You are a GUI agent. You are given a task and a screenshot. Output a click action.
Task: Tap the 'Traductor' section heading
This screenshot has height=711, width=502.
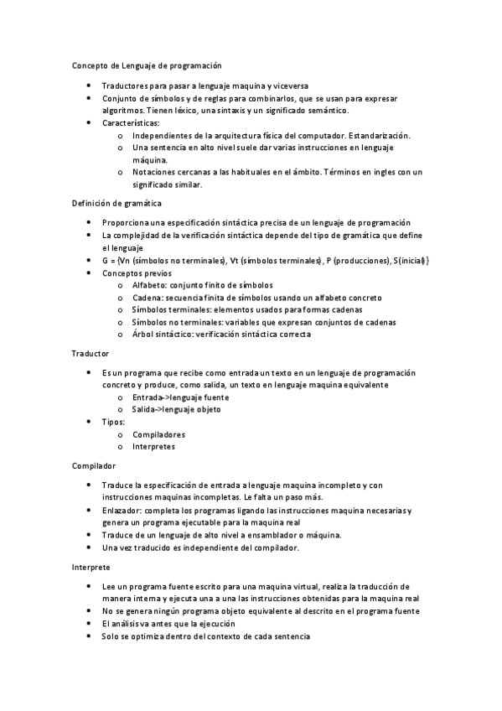click(x=91, y=355)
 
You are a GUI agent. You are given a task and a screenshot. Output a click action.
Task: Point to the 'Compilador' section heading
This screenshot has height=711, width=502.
click(x=94, y=465)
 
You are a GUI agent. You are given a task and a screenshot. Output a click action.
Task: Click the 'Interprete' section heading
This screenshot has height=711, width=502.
click(x=91, y=568)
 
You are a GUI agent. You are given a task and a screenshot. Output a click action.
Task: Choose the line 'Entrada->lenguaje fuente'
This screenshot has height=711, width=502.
click(x=180, y=397)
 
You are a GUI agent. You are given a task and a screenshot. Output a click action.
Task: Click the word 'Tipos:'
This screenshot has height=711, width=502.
click(x=113, y=422)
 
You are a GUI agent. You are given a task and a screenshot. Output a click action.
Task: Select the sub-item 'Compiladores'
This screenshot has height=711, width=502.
click(x=158, y=434)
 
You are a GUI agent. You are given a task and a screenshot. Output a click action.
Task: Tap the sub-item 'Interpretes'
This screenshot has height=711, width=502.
click(x=153, y=447)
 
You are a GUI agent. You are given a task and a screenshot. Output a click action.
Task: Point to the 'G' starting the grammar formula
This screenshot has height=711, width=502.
click(x=105, y=261)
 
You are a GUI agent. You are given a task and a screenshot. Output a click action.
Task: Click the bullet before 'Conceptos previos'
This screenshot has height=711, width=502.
click(x=90, y=273)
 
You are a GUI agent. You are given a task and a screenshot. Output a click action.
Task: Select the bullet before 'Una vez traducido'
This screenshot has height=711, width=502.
click(x=90, y=548)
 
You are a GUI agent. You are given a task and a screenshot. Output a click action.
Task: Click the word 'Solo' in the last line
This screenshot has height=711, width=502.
click(x=111, y=636)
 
